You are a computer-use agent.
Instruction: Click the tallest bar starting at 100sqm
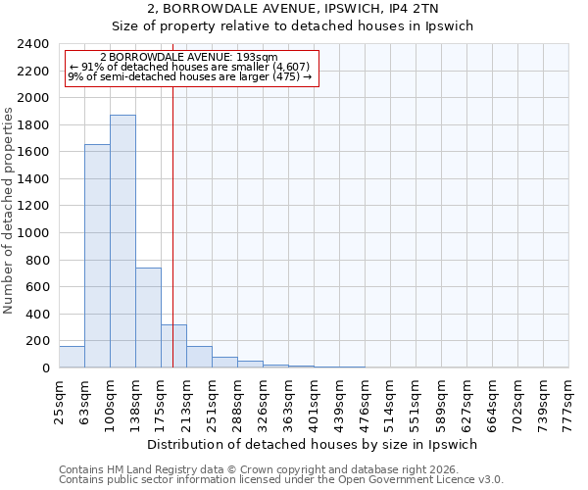(x=122, y=241)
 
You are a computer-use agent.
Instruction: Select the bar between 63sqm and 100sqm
(x=97, y=256)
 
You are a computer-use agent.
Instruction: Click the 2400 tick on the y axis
(x=34, y=44)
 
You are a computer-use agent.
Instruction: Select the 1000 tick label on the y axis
(x=34, y=233)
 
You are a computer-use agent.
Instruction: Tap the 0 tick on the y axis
(x=45, y=368)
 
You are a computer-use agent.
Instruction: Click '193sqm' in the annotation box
(x=259, y=58)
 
